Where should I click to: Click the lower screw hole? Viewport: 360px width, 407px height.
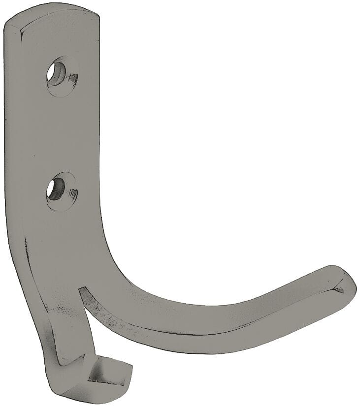(55, 188)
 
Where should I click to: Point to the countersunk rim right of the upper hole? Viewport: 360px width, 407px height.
(72, 77)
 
